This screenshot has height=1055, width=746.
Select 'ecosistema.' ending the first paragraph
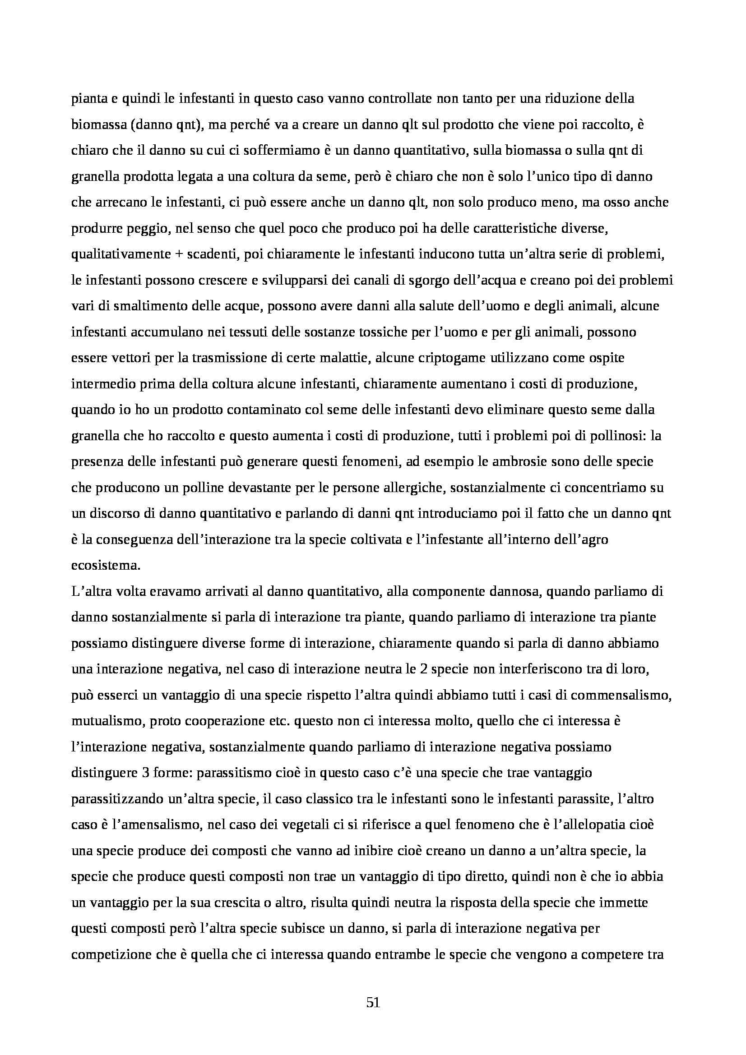coord(106,565)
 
